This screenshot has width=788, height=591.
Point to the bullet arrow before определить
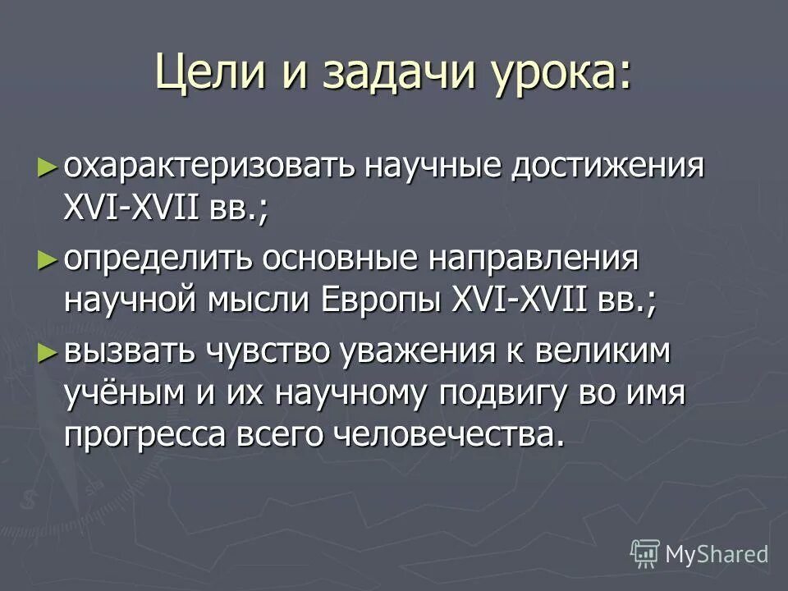tap(48, 260)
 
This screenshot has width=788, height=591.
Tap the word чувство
tap(271, 353)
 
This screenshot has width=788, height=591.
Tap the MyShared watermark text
tap(717, 554)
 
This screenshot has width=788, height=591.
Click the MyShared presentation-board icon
tap(645, 553)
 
